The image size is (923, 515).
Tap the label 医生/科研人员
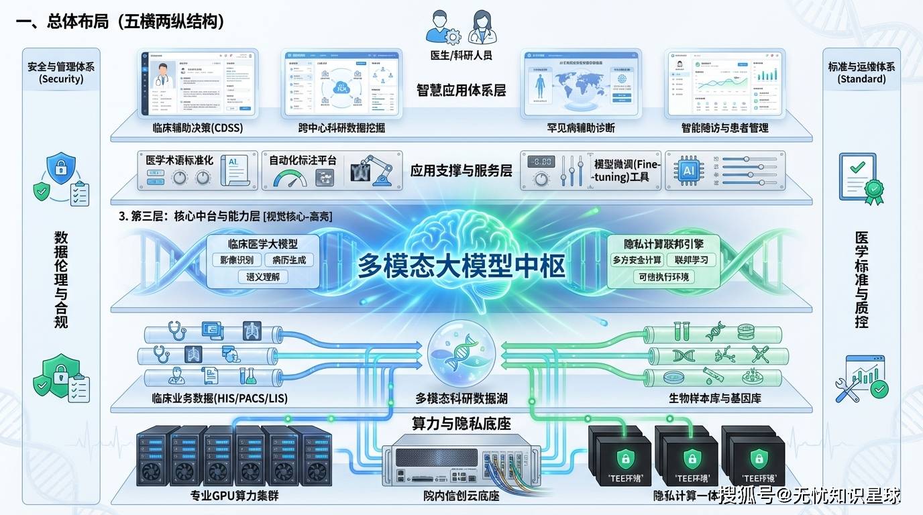pyautogui.click(x=461, y=54)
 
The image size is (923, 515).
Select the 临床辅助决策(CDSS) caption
pyautogui.click(x=198, y=127)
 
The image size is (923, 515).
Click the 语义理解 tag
pyautogui.click(x=262, y=276)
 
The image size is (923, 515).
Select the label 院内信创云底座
pyautogui.click(x=461, y=496)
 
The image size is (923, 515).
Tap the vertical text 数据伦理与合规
pyautogui.click(x=61, y=280)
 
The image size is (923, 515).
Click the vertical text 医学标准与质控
pyautogui.click(x=861, y=280)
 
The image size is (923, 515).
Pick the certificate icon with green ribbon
pyautogui.click(x=861, y=178)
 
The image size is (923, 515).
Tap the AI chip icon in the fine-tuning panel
pyautogui.click(x=689, y=170)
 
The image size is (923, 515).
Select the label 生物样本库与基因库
pyautogui.click(x=714, y=398)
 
